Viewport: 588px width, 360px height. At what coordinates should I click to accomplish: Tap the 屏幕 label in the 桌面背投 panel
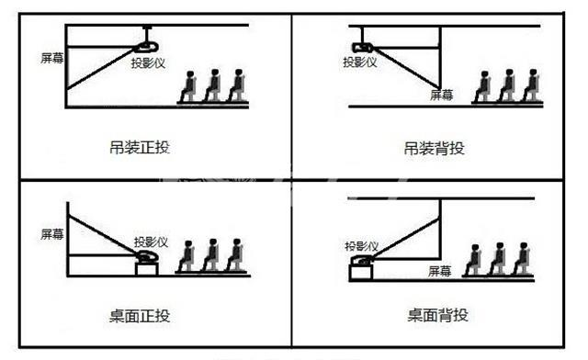pos(441,271)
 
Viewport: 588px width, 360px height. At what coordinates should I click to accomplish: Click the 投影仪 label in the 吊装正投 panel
pos(150,65)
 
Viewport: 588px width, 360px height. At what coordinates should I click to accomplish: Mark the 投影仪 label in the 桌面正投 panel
pos(150,242)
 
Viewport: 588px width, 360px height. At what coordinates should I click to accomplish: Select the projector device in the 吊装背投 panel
pos(362,47)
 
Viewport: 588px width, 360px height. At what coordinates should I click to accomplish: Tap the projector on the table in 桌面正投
pos(147,259)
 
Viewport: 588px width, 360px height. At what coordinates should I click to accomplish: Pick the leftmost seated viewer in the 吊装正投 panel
pos(188,86)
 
